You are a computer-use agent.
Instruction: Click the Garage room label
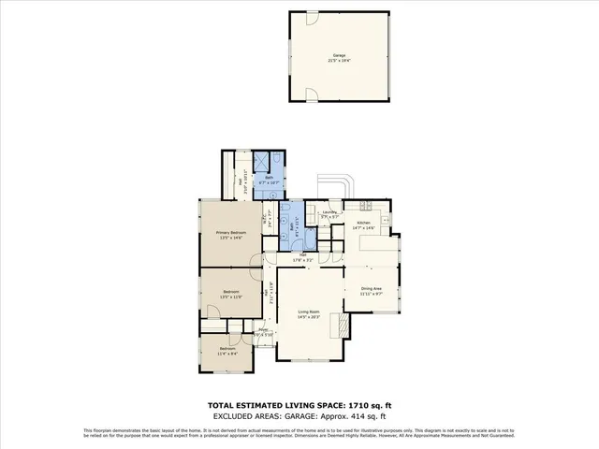click(x=339, y=55)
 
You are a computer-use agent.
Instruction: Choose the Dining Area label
click(x=372, y=288)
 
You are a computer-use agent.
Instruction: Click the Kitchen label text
click(x=363, y=223)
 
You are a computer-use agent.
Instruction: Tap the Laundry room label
click(x=329, y=212)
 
